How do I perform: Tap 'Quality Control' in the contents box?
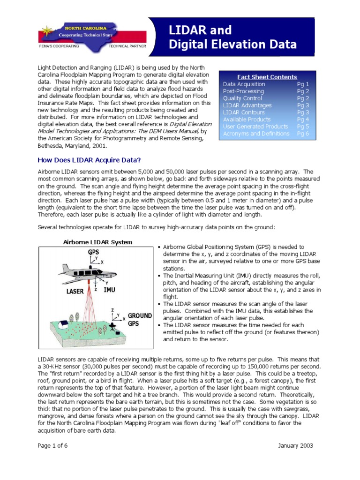pos(242,98)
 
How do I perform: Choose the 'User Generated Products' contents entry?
pos(255,127)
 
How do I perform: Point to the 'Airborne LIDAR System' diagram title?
pos(97,242)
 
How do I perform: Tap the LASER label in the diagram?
pos(75,291)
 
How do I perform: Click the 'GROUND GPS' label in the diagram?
pos(139,319)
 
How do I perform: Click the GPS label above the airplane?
pos(93,252)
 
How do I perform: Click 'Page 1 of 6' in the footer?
pos(52,445)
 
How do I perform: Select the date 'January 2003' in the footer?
pos(295,445)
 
